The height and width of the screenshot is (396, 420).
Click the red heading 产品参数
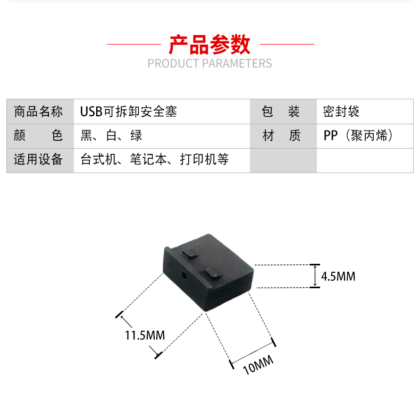click(209, 45)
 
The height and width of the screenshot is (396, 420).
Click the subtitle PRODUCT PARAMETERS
click(209, 64)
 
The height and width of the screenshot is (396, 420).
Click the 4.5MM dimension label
click(338, 277)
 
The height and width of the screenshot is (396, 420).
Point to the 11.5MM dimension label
click(145, 335)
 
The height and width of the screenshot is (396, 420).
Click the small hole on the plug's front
click(184, 276)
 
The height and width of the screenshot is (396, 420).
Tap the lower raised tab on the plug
click(211, 273)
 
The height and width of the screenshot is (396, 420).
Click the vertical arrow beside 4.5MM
click(315, 276)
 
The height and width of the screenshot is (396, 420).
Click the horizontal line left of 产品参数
click(133, 44)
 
